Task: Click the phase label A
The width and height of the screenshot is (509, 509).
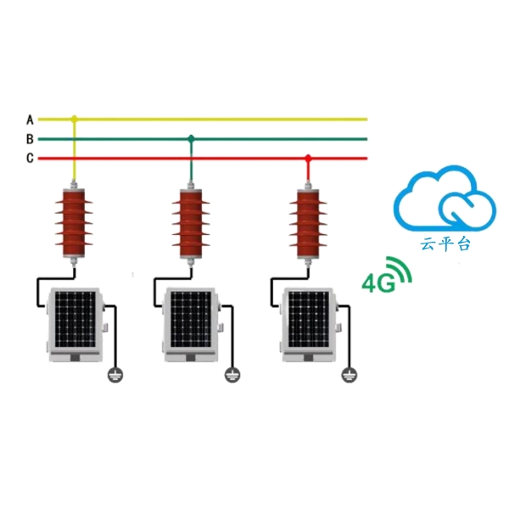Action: pyautogui.click(x=30, y=119)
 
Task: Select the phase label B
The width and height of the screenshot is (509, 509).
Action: pyautogui.click(x=30, y=138)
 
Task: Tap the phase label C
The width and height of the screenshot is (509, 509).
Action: pyautogui.click(x=30, y=158)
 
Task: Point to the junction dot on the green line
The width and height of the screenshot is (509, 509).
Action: pyautogui.click(x=191, y=138)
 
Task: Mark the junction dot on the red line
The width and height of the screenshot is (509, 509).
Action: pyautogui.click(x=308, y=158)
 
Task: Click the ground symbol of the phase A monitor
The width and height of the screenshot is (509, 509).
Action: pyautogui.click(x=115, y=374)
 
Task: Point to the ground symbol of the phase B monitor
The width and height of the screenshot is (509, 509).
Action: pyautogui.click(x=232, y=374)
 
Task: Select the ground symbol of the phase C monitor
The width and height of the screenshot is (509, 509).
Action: pyautogui.click(x=348, y=374)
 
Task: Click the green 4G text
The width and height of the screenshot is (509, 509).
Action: pyautogui.click(x=378, y=282)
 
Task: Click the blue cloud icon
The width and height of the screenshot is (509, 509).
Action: pyautogui.click(x=444, y=200)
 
